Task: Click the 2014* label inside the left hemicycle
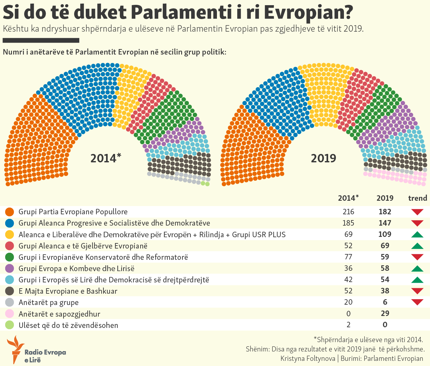click(x=105, y=158)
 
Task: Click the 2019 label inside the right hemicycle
click(x=323, y=158)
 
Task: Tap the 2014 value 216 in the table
click(x=348, y=212)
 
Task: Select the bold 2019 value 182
click(x=385, y=212)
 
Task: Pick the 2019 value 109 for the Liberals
click(x=385, y=234)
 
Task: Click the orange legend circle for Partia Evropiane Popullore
click(x=10, y=212)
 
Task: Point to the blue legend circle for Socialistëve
click(x=10, y=223)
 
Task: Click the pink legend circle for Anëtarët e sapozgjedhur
click(x=10, y=314)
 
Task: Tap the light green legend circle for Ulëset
click(x=10, y=325)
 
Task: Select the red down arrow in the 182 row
click(x=417, y=212)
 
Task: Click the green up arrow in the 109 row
click(x=417, y=235)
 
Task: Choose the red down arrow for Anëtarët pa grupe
click(x=417, y=302)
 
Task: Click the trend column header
click(x=417, y=198)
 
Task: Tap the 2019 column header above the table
click(x=385, y=198)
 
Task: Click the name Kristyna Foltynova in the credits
click(x=308, y=358)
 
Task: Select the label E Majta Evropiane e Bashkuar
click(x=68, y=291)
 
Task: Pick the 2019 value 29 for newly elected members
click(x=385, y=313)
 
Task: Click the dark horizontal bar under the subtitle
click(x=41, y=40)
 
